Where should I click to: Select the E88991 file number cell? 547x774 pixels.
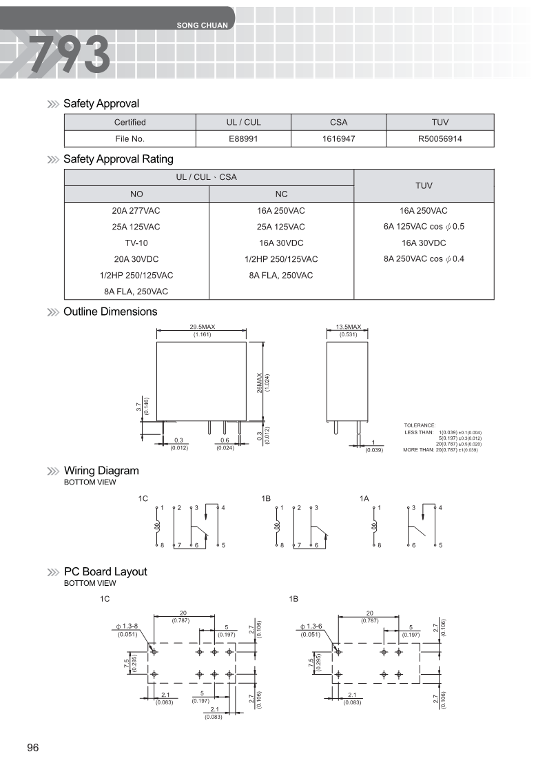243,139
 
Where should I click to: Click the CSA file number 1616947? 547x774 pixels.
338,139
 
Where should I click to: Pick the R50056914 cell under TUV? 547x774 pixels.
440,139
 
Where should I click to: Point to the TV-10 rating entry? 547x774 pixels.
136,243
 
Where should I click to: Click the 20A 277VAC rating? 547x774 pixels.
136,210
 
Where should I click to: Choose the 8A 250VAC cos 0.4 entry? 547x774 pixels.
424,259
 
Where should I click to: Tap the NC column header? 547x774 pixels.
281,194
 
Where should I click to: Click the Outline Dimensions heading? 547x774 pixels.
110,312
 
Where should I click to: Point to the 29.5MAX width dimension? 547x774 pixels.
201,327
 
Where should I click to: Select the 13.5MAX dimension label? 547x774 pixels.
349,327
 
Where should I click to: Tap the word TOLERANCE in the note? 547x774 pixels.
420,425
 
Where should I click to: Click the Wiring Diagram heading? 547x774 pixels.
101,471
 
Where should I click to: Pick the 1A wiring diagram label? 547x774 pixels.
364,498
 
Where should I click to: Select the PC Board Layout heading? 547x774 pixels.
105,571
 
